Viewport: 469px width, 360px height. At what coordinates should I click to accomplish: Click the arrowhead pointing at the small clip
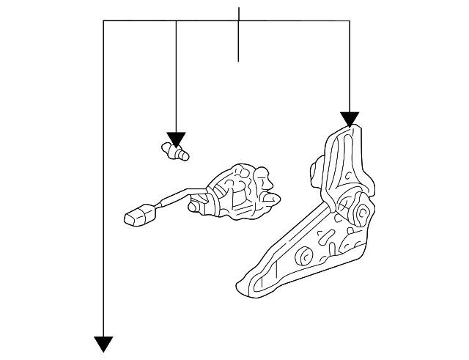(177, 139)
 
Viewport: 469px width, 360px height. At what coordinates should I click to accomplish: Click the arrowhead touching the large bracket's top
(350, 119)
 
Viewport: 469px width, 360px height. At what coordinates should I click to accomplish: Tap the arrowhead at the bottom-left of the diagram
(104, 342)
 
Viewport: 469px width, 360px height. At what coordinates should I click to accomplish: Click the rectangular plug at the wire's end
(139, 214)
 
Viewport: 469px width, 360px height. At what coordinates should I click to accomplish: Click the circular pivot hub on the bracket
(361, 215)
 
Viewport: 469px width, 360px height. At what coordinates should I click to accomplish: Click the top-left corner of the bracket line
(104, 21)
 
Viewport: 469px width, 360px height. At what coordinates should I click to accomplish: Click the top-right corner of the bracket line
(350, 21)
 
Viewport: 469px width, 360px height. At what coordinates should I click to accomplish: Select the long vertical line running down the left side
(104, 183)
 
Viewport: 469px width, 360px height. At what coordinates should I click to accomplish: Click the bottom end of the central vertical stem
(239, 61)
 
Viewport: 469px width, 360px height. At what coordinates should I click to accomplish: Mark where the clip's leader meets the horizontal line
(177, 21)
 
